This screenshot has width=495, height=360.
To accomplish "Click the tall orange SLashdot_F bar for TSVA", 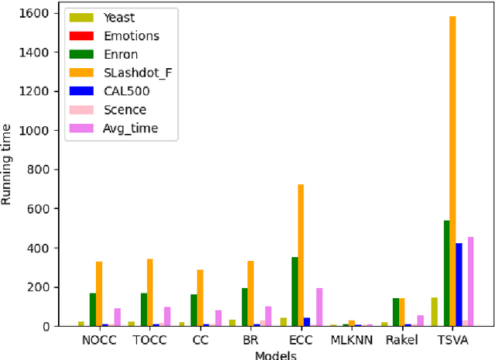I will (452, 170).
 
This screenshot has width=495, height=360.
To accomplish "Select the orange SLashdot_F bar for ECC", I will (300, 255).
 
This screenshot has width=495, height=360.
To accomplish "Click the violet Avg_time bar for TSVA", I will (470, 282).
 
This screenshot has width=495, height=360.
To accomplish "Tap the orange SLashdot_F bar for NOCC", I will (99, 294).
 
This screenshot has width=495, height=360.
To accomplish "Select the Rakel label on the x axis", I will (401, 339).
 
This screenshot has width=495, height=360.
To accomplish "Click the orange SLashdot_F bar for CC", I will (200, 298).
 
